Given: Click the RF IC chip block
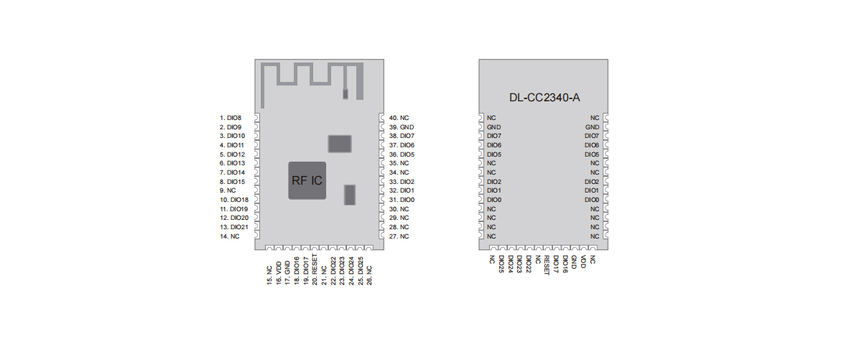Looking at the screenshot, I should coord(307,179).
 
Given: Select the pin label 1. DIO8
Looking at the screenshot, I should coord(231,117).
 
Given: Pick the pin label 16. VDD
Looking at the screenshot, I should coord(278,272).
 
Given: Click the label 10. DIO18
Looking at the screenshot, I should coord(234,200).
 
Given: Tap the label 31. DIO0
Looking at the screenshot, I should coord(402,200).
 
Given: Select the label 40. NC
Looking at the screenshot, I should coord(399,117).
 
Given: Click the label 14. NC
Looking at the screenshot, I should coord(230,236).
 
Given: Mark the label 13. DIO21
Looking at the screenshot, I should coord(234,227).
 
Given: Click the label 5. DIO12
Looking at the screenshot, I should coord(232,154).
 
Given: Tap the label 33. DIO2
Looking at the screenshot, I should coord(402,182).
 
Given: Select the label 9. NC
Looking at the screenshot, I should coord(228,190).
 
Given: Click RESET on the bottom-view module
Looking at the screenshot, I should coord(547,264).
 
